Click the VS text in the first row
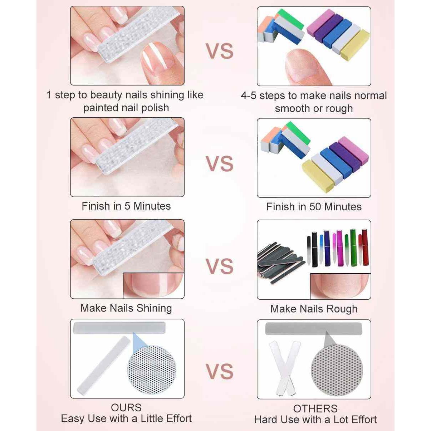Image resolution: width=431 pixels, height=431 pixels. pyautogui.click(x=220, y=51)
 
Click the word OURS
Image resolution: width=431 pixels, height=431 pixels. pyautogui.click(x=126, y=407)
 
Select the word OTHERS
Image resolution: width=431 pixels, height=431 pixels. pyautogui.click(x=315, y=408)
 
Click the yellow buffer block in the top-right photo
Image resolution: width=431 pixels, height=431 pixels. pyautogui.click(x=354, y=45)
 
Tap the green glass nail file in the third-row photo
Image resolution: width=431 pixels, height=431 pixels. pyautogui.click(x=353, y=247)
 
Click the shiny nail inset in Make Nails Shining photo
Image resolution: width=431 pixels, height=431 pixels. pyautogui.click(x=153, y=285)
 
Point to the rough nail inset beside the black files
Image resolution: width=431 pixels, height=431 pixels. pyautogui.click(x=340, y=286)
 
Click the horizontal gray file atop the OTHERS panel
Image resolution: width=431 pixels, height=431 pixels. pyautogui.click(x=313, y=328)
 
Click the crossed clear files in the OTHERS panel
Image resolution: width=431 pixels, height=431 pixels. pyautogui.click(x=284, y=368)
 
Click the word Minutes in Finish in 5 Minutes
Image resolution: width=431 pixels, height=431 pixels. pyautogui.click(x=152, y=206)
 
